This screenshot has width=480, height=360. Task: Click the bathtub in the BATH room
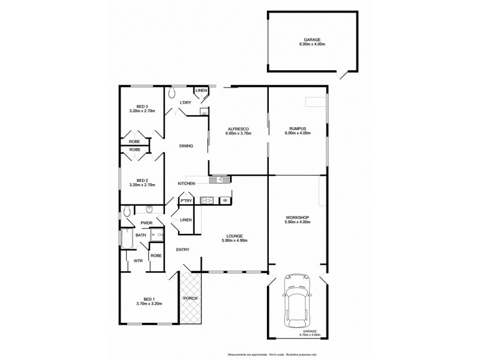point(126,239)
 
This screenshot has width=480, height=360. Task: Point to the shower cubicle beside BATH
point(157,236)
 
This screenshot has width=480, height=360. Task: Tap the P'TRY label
point(186,201)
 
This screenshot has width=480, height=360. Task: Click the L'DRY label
point(186,103)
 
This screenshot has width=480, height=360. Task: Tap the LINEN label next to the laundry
point(201,91)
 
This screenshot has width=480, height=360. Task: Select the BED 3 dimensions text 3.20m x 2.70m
point(142,112)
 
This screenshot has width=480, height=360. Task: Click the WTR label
point(137,260)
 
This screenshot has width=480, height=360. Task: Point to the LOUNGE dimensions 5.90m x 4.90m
point(235,241)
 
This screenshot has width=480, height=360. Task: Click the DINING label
point(186,146)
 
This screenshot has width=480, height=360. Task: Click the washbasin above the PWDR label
point(149,210)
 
